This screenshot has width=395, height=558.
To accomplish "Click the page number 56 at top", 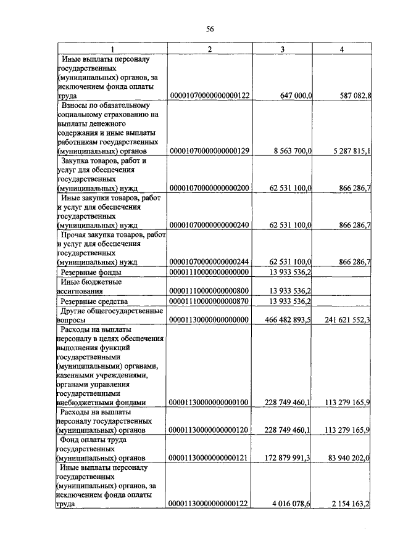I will pyautogui.click(x=210, y=29).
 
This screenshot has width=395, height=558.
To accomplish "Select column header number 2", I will pyautogui.click(x=209, y=49).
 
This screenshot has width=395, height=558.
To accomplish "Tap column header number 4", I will pyautogui.click(x=342, y=49).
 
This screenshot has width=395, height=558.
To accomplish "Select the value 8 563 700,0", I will pyautogui.click(x=288, y=150).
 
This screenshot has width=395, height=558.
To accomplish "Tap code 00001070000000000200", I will pyautogui.click(x=209, y=187).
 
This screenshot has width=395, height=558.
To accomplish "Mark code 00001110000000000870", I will pyautogui.click(x=209, y=301).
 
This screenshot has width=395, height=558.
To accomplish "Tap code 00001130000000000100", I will pyautogui.click(x=209, y=402).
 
